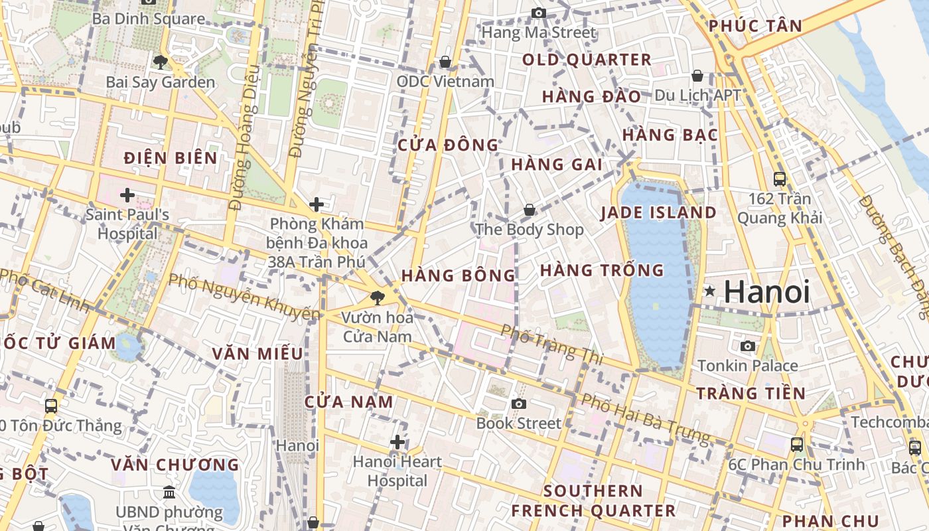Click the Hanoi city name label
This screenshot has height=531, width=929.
click(x=766, y=292)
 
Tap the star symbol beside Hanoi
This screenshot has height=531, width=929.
click(x=710, y=291)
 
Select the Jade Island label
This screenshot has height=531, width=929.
click(x=658, y=213)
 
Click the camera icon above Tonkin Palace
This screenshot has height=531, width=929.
click(x=748, y=346)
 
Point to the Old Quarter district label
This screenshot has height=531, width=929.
click(x=587, y=60)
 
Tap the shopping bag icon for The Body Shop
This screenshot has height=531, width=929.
click(x=530, y=210)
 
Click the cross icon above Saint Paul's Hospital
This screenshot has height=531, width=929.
click(x=127, y=195)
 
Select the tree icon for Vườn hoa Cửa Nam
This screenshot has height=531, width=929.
click(x=378, y=297)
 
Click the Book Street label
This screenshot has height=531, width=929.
click(x=518, y=423)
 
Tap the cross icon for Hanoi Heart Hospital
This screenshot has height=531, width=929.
click(x=397, y=441)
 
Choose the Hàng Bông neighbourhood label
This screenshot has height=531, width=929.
click(x=458, y=275)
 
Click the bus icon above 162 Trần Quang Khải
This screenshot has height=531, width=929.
click(x=780, y=179)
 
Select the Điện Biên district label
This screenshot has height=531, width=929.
click(x=171, y=158)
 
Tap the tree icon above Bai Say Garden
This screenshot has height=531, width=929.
click(x=160, y=62)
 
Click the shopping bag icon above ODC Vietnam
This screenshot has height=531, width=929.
click(x=445, y=62)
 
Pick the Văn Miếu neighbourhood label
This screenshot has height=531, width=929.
click(x=257, y=354)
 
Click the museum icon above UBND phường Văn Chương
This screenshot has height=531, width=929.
click(x=169, y=493)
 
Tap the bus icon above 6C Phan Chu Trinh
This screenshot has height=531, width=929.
click(x=796, y=444)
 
